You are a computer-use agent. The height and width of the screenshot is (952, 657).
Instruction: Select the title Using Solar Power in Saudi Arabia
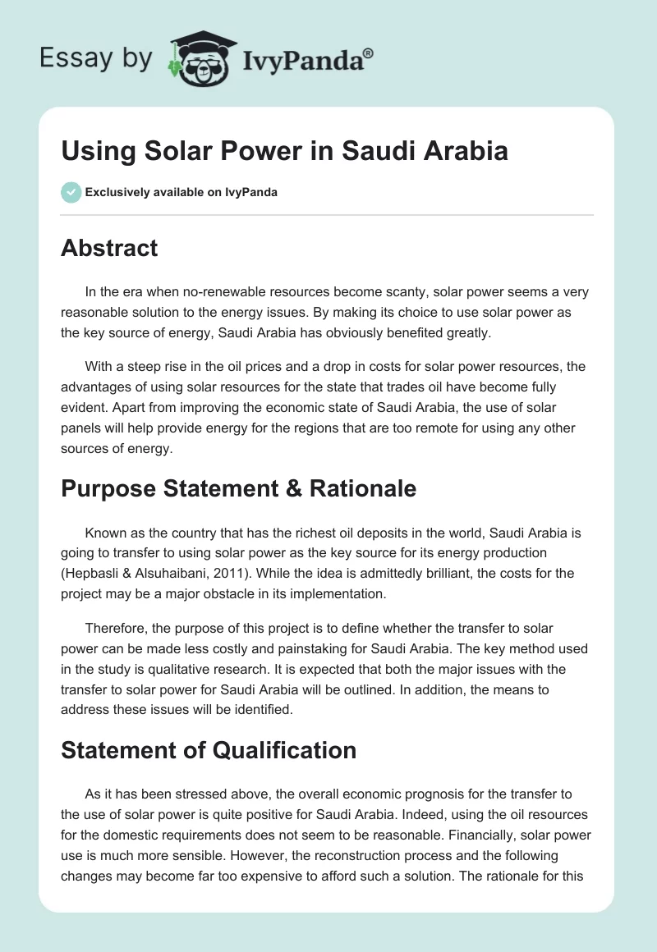284,152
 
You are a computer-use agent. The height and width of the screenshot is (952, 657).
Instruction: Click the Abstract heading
109,249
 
